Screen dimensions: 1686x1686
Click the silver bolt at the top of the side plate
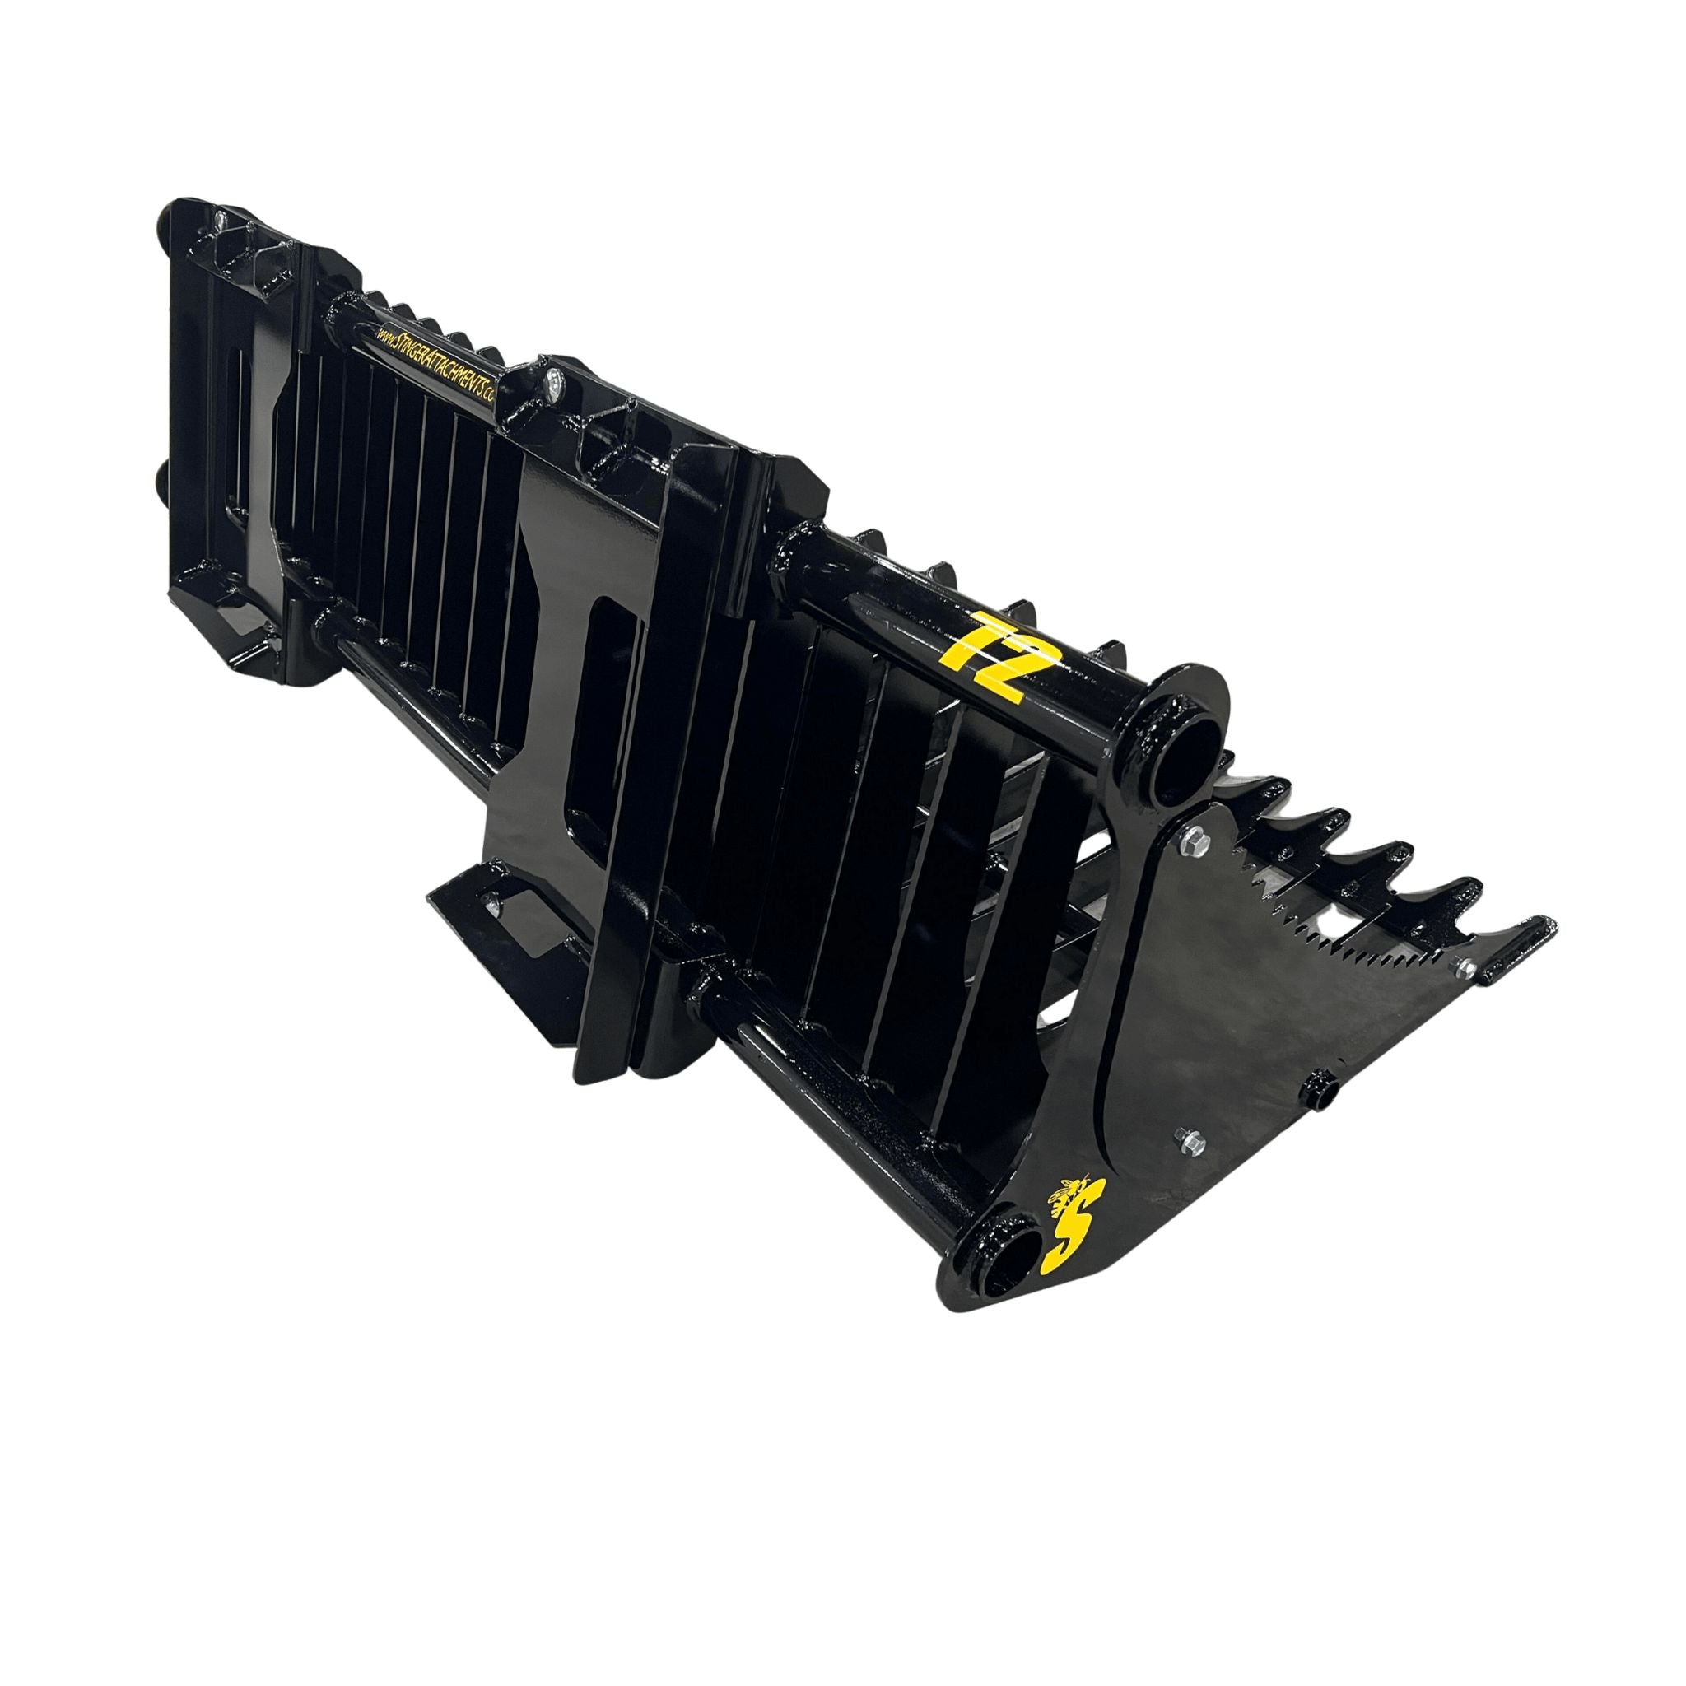[x=1190, y=844]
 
